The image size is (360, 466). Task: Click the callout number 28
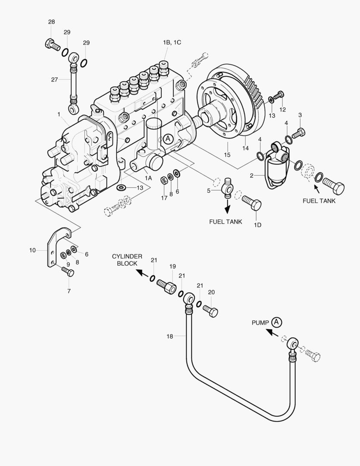[x=51, y=22]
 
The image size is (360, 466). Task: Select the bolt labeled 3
[x=298, y=133]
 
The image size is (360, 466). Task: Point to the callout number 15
[x=227, y=154]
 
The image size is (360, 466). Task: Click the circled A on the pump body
[x=168, y=139]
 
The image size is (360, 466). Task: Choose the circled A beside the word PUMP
[x=277, y=322]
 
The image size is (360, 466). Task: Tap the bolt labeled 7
[x=68, y=272]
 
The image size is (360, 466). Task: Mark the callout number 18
[x=170, y=336]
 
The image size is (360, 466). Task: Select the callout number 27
[x=54, y=79]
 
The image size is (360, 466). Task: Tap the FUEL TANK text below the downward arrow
[x=225, y=222]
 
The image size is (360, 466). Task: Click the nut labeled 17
[x=164, y=179]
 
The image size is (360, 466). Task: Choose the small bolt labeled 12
[x=279, y=95]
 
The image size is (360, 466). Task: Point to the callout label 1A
[x=148, y=178]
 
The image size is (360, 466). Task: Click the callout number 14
[x=245, y=148]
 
